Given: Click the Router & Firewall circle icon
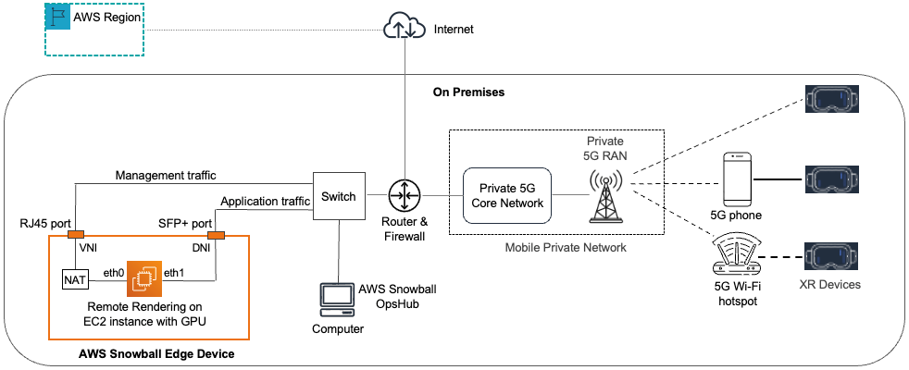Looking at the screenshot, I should [405, 196].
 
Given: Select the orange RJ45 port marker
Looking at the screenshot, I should [75, 233].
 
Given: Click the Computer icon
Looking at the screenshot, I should [331, 298].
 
